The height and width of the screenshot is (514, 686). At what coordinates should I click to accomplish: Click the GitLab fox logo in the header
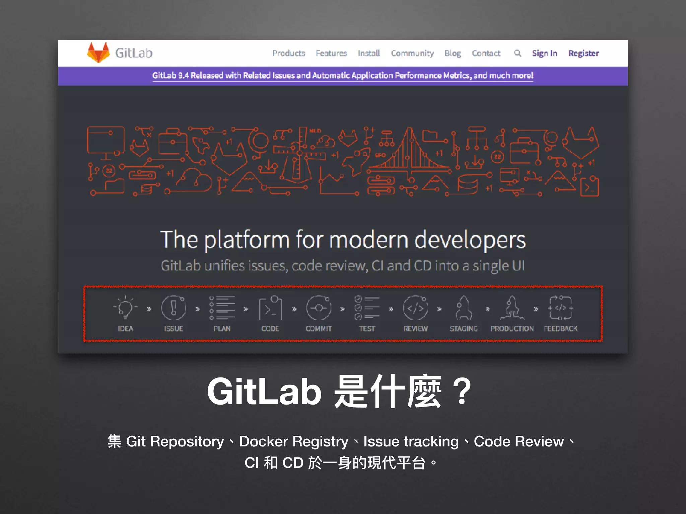98,53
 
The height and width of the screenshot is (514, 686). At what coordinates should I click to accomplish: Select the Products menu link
289,53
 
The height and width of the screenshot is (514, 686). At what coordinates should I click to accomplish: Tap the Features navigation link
331,53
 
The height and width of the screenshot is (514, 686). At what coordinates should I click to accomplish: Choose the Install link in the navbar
369,53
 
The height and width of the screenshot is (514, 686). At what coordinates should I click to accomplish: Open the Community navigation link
412,53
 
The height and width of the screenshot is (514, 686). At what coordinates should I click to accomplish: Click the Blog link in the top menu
453,53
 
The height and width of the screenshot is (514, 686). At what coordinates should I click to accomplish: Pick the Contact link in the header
486,53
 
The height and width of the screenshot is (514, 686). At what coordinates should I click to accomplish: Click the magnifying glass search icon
518,53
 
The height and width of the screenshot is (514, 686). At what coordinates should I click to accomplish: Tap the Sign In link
545,53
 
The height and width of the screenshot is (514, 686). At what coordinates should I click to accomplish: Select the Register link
584,53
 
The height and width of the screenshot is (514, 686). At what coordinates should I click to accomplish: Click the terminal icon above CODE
270,308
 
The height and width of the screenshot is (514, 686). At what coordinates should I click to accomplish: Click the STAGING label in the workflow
464,329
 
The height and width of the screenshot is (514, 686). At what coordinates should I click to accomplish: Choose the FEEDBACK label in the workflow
560,329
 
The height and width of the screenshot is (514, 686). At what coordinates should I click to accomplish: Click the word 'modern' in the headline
369,240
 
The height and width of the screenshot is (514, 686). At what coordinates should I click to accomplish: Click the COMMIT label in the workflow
319,329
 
